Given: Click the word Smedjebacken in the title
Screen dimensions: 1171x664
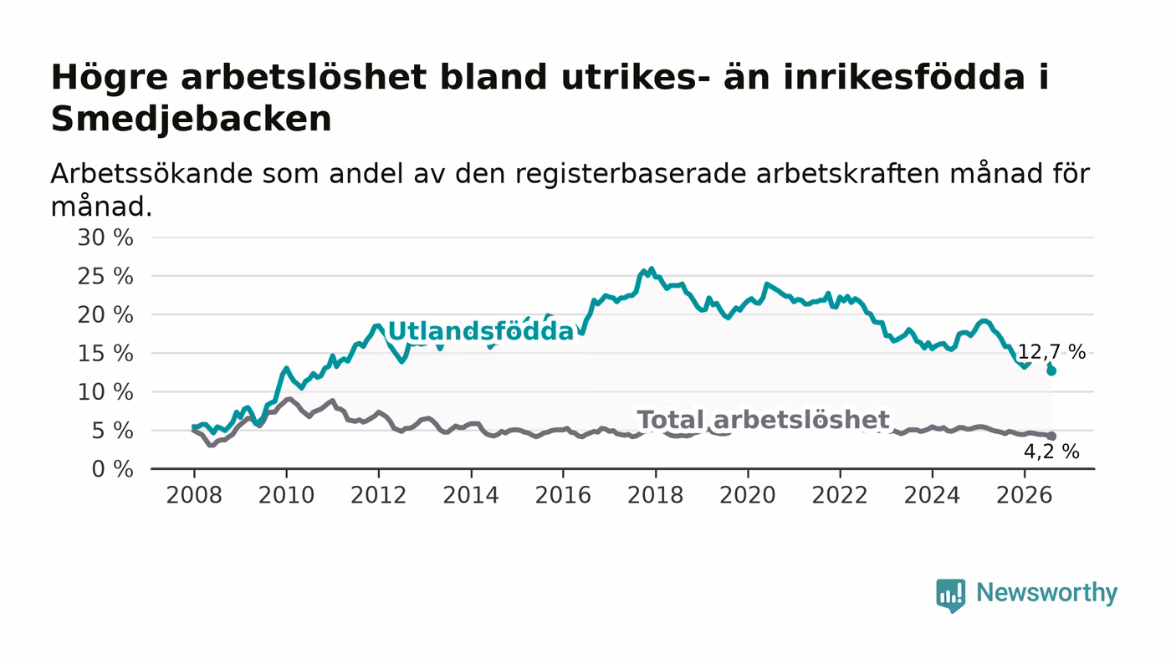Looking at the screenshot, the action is coord(192,120).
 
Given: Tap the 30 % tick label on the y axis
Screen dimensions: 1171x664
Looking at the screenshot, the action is coord(105,238).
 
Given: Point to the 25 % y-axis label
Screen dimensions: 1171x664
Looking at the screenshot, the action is coord(105,277).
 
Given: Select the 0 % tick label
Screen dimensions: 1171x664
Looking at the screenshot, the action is coord(112,469).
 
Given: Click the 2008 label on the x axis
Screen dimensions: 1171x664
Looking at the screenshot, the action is coord(194,495).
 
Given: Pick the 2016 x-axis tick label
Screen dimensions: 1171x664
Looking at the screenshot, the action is coord(563,495).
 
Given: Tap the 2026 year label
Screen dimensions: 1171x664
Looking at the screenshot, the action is coord(1024,495).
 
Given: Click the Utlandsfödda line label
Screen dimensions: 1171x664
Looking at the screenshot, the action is coord(481,331).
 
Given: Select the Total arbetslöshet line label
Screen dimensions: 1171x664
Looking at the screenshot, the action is coord(763,420).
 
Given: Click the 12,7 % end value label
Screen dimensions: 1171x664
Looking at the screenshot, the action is coord(1052,352).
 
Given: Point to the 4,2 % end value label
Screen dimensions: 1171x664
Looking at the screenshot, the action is coord(1052,452).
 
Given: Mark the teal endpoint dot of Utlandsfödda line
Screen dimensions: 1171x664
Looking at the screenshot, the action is coord(1051,370).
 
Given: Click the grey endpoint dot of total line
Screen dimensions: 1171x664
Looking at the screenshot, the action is coord(1051,436).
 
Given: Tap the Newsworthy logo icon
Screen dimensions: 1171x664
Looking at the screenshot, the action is coord(951,595).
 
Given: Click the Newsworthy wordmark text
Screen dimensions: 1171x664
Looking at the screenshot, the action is coord(1046,593).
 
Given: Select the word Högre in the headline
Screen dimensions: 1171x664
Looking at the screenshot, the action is coord(110,79).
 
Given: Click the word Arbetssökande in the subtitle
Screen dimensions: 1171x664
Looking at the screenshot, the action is coord(151,174).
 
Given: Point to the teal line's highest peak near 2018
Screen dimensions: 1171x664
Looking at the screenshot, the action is coord(651,268).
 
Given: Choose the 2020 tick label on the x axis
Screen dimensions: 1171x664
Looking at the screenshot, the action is coord(748,495).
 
